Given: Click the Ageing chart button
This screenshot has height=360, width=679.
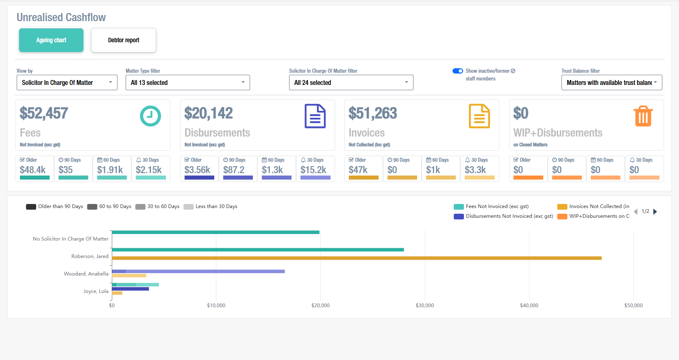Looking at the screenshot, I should (x=51, y=40).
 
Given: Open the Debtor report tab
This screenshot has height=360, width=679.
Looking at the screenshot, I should (x=124, y=40).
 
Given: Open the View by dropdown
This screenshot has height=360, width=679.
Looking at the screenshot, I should (x=67, y=82).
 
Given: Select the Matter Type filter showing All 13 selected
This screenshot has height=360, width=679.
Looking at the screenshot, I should (x=187, y=82).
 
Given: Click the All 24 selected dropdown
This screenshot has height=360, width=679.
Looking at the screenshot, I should (x=351, y=82).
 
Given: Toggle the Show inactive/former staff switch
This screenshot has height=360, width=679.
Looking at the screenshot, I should (x=458, y=71).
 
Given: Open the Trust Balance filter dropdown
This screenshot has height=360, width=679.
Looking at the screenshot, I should (x=612, y=82).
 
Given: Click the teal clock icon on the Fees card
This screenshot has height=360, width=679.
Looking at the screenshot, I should (x=150, y=116).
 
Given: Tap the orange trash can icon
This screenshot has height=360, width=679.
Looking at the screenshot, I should (x=643, y=116).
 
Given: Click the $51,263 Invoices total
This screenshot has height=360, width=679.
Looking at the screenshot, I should (x=372, y=113).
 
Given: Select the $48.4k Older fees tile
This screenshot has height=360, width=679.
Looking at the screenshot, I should (x=35, y=168).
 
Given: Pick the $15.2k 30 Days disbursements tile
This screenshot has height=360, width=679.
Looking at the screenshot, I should (x=315, y=168).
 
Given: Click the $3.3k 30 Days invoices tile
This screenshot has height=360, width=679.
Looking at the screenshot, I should (x=479, y=168).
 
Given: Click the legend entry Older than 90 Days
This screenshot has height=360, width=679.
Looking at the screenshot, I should (x=55, y=206).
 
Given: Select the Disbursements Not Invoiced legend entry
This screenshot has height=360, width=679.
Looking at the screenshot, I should (x=503, y=216).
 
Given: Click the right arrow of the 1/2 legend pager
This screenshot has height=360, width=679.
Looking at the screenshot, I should (x=655, y=212).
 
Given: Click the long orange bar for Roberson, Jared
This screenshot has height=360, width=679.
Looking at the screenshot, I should (x=357, y=258).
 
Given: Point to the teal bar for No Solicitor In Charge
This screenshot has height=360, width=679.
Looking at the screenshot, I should (x=215, y=232).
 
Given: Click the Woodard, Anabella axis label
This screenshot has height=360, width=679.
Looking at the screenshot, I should (x=86, y=274).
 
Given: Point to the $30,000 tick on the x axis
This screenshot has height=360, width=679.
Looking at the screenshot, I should (x=424, y=306).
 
